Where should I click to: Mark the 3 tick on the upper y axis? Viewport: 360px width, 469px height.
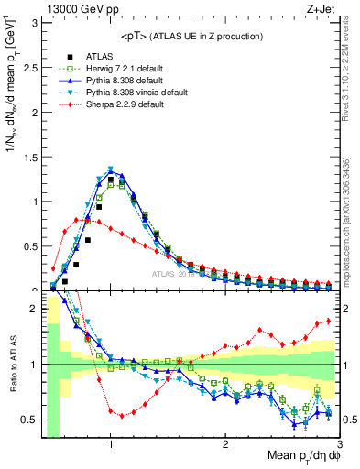tap(35, 21)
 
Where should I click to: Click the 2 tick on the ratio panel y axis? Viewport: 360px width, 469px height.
tap(35, 309)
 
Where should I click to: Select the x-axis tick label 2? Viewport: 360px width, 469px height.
tap(225, 444)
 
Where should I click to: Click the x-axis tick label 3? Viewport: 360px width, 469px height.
tap(339, 444)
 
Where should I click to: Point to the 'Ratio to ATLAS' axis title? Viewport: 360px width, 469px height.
tap(12, 365)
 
